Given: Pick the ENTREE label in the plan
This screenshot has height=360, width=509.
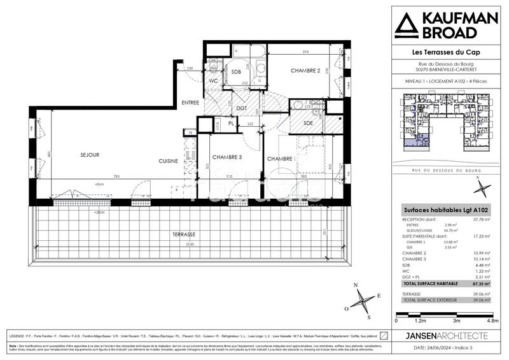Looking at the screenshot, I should [190, 103].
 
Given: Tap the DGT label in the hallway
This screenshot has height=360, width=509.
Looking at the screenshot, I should [242, 108].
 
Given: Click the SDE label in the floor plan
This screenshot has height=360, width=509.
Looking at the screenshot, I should [308, 122].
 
